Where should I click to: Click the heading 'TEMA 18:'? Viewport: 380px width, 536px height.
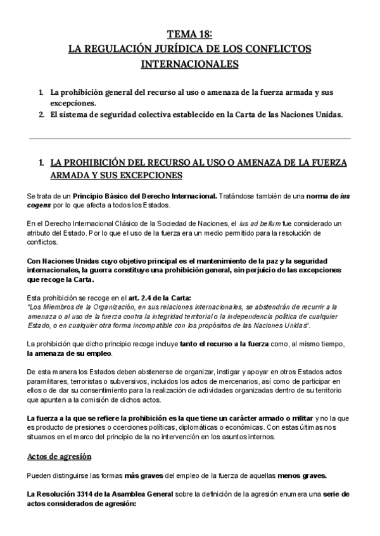pos(190,34)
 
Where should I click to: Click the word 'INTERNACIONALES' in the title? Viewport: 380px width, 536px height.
pos(189,64)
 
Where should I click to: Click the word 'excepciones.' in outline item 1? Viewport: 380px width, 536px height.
pos(73,103)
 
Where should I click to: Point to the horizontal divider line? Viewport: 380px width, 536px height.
pos(190,138)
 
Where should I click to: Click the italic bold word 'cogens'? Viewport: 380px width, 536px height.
pos(41,205)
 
